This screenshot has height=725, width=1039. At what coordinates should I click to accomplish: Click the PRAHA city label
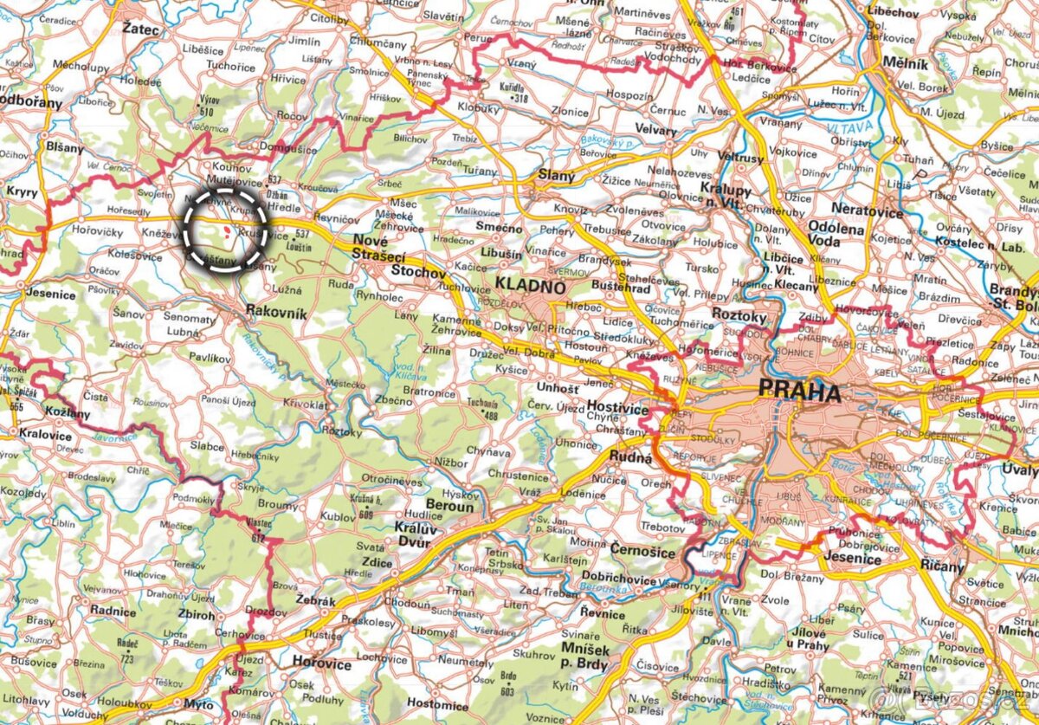click(799, 392)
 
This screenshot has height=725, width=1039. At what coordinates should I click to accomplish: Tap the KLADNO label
click(531, 286)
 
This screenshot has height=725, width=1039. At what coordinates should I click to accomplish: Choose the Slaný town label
click(556, 176)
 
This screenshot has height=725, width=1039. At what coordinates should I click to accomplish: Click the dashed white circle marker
click(224, 230)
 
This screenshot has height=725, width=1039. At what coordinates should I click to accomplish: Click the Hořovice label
click(321, 664)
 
